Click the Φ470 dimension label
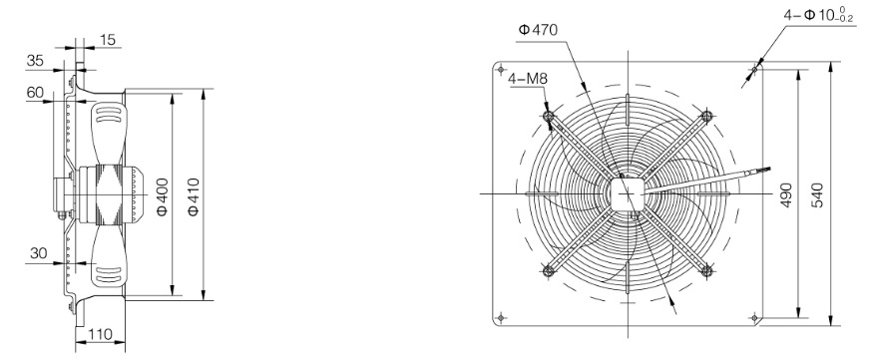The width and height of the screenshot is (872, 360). pos(538,30)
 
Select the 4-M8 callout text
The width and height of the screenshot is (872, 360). pos(528,79)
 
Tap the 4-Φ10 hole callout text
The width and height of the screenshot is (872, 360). pos(820,14)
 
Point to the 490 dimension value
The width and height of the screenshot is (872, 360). pos(786,195)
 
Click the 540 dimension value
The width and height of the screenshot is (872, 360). pos(817,195)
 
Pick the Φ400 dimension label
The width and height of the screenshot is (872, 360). pos(162,197)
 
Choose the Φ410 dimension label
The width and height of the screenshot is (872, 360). pos(193,197)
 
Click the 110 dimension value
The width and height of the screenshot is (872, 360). pos(101,334)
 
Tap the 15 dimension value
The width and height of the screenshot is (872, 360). pos(108,40)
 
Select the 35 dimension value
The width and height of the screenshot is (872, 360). pos(35,61)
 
